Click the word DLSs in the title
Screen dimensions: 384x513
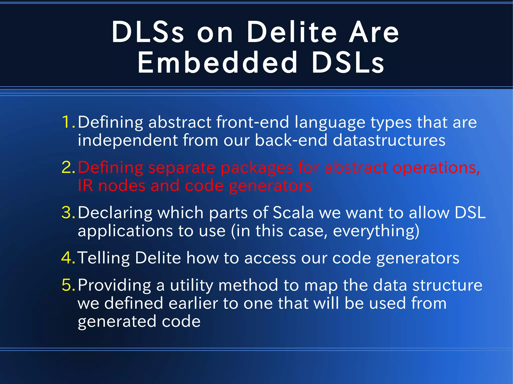coord(148,33)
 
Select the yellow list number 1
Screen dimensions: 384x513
coord(67,122)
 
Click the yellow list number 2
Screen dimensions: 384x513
coord(68,167)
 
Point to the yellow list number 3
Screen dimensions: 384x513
coord(68,213)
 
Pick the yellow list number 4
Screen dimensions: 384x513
coord(68,258)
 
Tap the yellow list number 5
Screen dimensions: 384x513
coord(68,285)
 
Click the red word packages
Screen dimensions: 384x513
coord(256,168)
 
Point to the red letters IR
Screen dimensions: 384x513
coord(85,186)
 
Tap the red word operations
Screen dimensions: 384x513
coord(436,168)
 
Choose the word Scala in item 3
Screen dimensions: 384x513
coord(293,213)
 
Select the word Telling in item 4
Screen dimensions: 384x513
coord(104,258)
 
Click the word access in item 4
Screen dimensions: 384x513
coord(270,258)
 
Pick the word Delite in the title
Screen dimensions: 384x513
coord(292,33)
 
